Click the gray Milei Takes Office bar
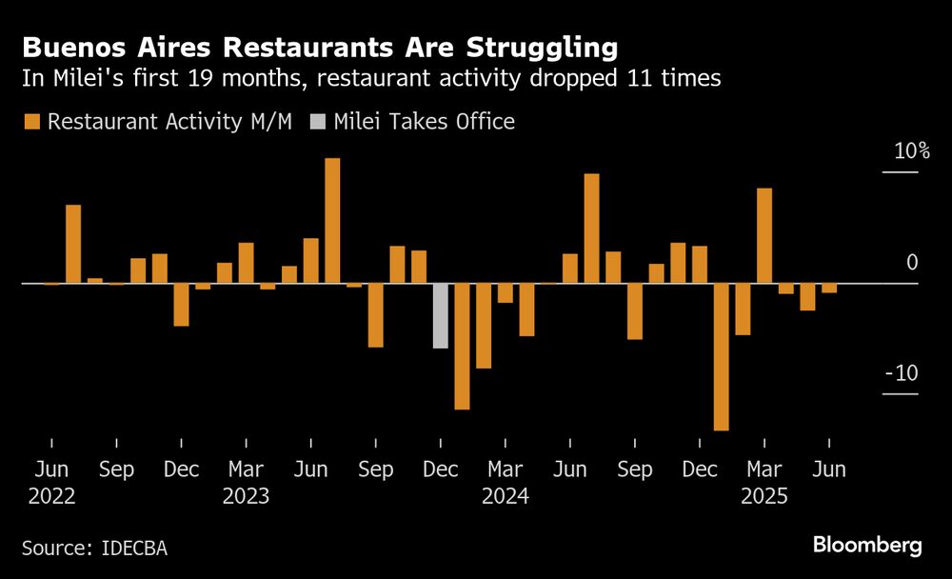pyautogui.click(x=440, y=315)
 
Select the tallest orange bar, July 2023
pyautogui.click(x=332, y=221)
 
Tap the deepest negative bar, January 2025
pyautogui.click(x=721, y=357)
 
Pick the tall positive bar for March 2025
pyautogui.click(x=764, y=236)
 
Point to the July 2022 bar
pyautogui.click(x=73, y=244)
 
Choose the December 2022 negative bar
pyautogui.click(x=181, y=305)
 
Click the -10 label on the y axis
pyautogui.click(x=901, y=373)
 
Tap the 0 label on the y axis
pyautogui.click(x=912, y=263)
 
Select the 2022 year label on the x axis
pyautogui.click(x=51, y=496)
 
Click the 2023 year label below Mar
pyautogui.click(x=246, y=496)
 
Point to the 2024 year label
pyautogui.click(x=505, y=496)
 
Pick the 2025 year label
pyautogui.click(x=764, y=496)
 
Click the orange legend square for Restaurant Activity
pyautogui.click(x=32, y=122)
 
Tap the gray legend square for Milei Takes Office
pyautogui.click(x=317, y=122)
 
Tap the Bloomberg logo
pyautogui.click(x=867, y=545)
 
